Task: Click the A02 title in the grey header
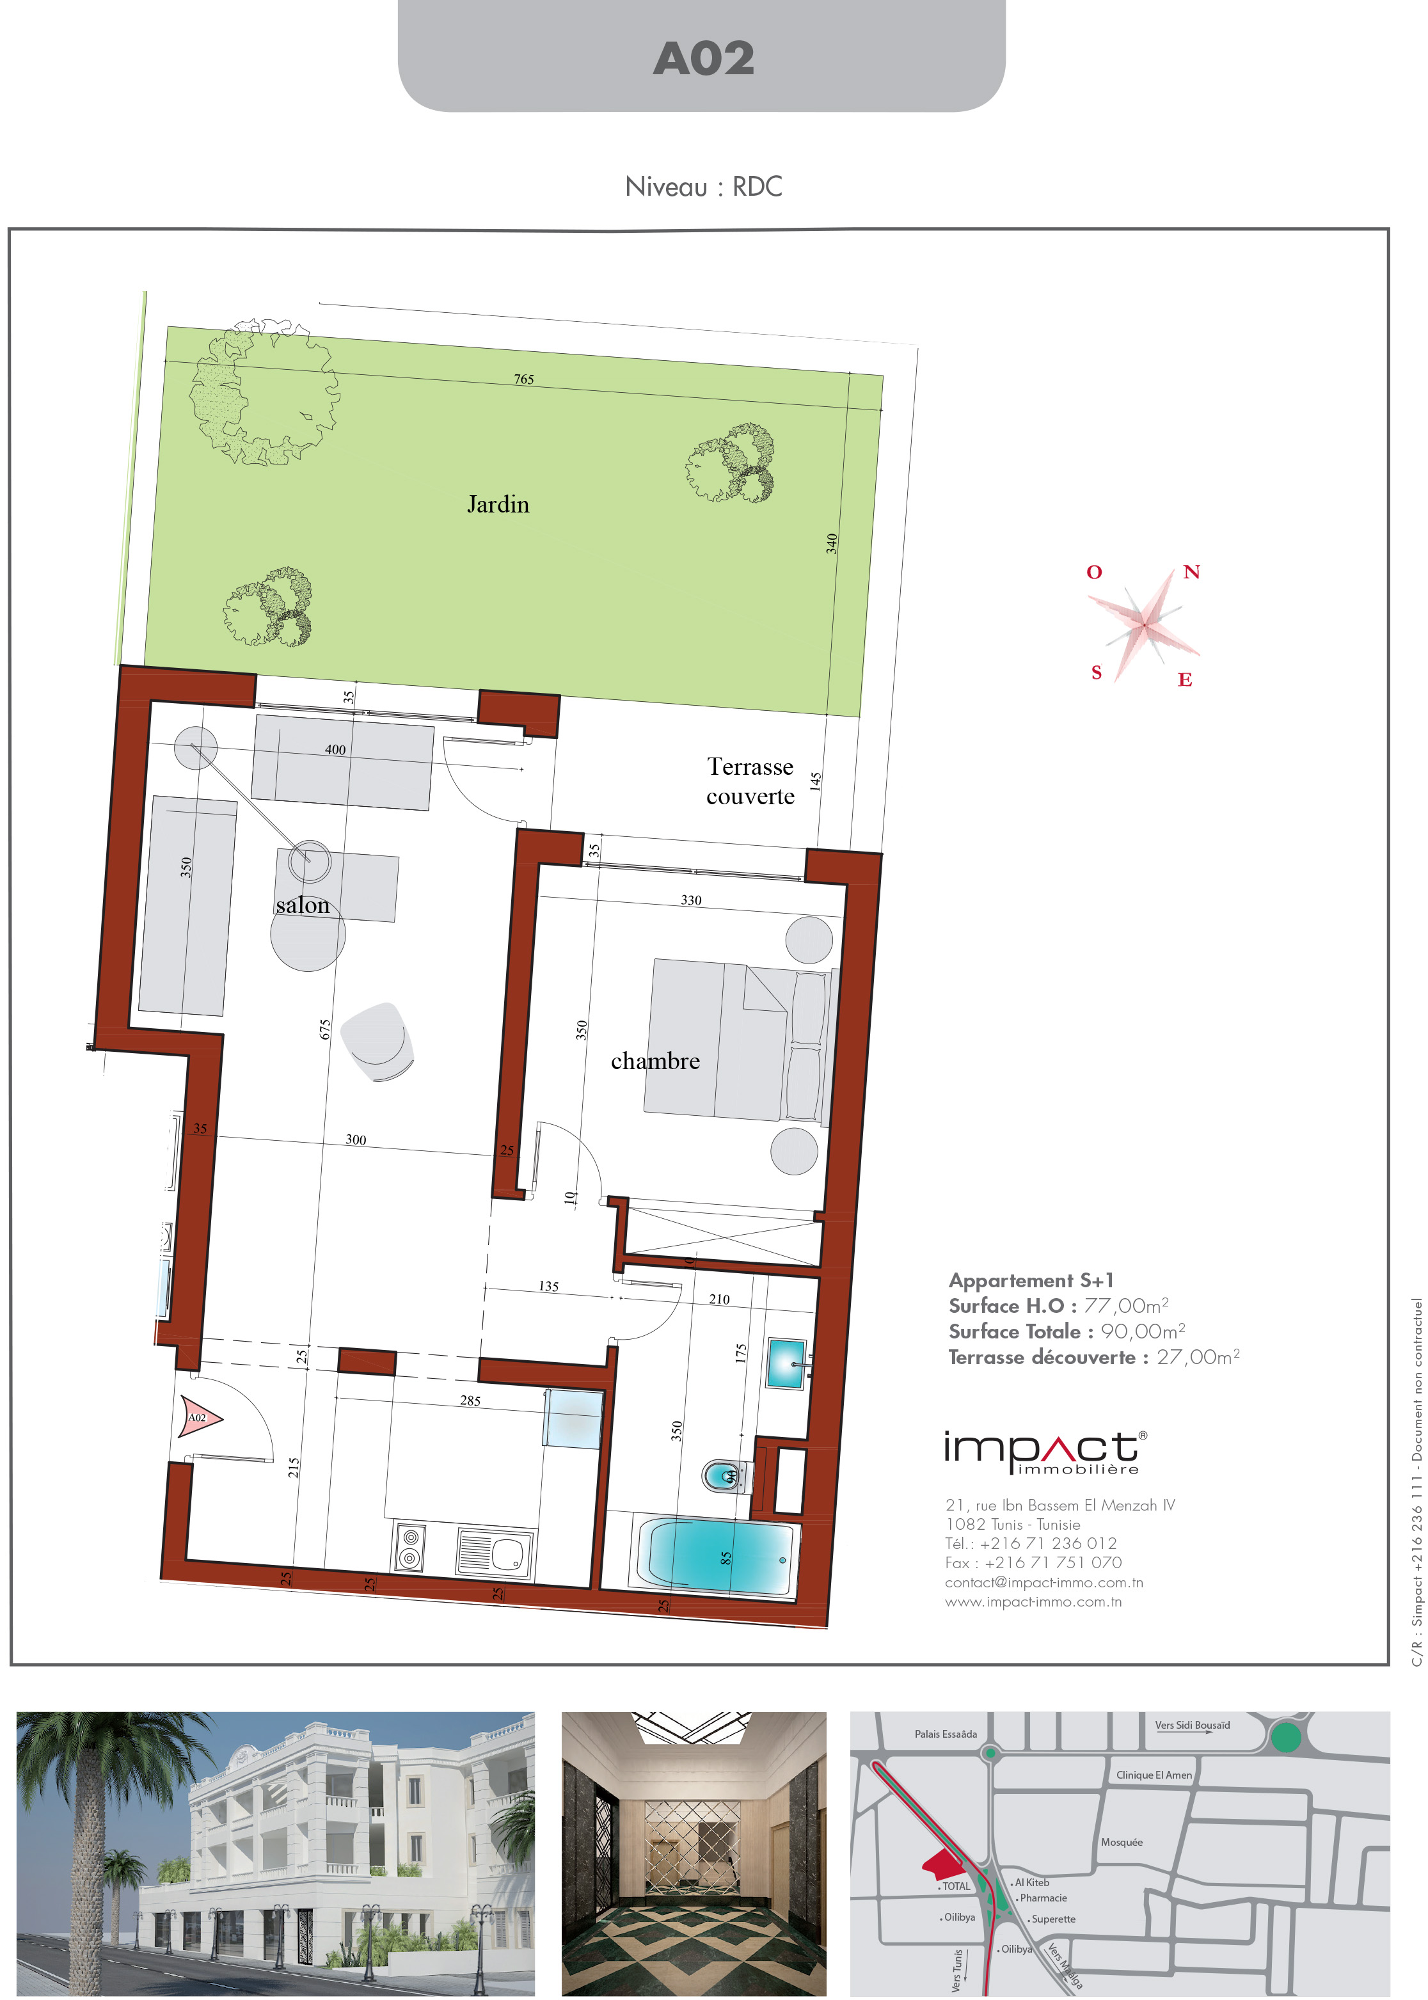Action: point(704,59)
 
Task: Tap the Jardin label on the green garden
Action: point(498,505)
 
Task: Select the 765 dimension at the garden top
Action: point(524,379)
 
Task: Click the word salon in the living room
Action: point(303,905)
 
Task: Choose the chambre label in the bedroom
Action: point(655,1061)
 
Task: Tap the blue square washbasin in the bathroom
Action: point(786,1363)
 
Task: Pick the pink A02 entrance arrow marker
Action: point(200,1417)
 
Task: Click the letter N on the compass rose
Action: point(1191,573)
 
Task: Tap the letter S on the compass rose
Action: point(1097,672)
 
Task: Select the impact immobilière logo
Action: point(1045,1453)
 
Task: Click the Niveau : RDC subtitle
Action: point(704,186)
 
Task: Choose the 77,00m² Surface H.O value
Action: point(1127,1305)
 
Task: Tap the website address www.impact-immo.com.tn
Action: point(1033,1602)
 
